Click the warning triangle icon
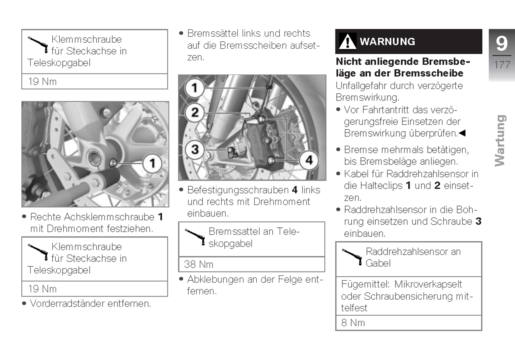point(347,41)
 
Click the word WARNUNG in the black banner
point(387,41)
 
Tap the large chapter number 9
point(501,43)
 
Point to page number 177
point(502,65)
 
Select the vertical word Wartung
point(500,140)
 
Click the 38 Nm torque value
point(199,264)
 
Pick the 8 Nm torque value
point(353,323)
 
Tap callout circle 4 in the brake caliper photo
point(309,160)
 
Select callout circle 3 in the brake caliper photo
point(195,150)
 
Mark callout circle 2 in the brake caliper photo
point(195,112)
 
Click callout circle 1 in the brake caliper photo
point(195,87)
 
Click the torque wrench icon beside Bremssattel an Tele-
point(196,237)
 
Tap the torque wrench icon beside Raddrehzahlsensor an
point(353,257)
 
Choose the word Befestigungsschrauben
point(238,190)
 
